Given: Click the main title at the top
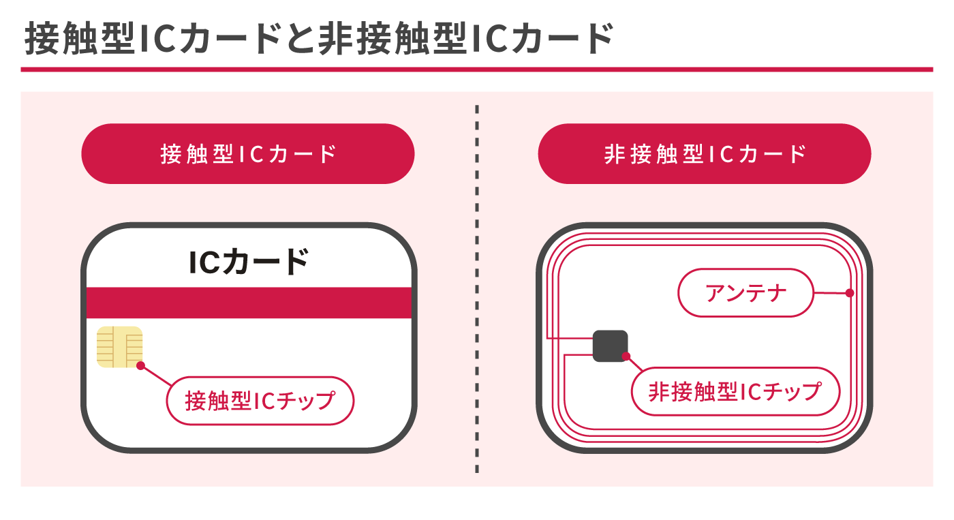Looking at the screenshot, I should pyautogui.click(x=319, y=39).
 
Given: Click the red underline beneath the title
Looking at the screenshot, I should pyautogui.click(x=476, y=69).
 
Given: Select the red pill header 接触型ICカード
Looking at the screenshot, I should pyautogui.click(x=248, y=153).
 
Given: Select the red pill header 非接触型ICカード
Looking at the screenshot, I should pyautogui.click(x=705, y=153).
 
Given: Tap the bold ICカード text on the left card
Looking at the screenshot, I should pyautogui.click(x=249, y=262).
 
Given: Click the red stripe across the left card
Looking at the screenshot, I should pyautogui.click(x=249, y=303).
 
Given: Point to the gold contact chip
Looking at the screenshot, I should pyautogui.click(x=119, y=346).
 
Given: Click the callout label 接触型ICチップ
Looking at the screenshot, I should pyautogui.click(x=260, y=400).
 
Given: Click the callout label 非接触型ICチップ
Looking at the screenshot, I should pyautogui.click(x=735, y=391).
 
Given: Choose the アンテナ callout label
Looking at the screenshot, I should pyautogui.click(x=746, y=293).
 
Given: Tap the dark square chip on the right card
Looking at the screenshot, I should pyautogui.click(x=610, y=346).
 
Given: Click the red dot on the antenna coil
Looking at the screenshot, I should pyautogui.click(x=850, y=293).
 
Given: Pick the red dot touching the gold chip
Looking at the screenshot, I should pyautogui.click(x=140, y=366).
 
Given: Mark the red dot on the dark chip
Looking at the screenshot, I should pyautogui.click(x=626, y=356).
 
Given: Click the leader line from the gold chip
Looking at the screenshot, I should pyautogui.click(x=156, y=376).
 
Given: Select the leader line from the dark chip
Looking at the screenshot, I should pyautogui.click(x=634, y=364).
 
